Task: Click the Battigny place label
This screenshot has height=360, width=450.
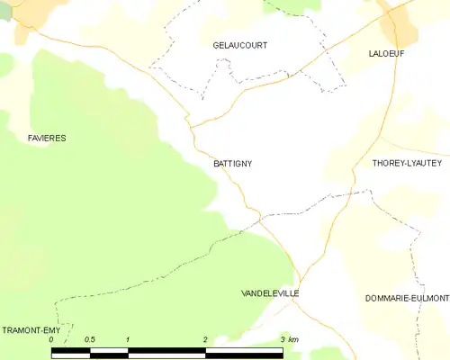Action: pyautogui.click(x=233, y=164)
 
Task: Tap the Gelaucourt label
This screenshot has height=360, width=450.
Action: pyautogui.click(x=239, y=45)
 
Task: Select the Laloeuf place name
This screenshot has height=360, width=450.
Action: pyautogui.click(x=385, y=54)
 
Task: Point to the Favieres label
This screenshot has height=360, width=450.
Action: pyautogui.click(x=46, y=138)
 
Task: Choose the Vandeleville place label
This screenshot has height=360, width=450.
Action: pyautogui.click(x=270, y=294)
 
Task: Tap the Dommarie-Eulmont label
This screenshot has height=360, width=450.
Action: pyautogui.click(x=407, y=298)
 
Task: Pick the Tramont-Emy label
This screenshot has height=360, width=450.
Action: pyautogui.click(x=29, y=330)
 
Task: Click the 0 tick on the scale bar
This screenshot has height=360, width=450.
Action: pyautogui.click(x=52, y=340)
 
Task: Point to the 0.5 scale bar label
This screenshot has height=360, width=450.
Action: pyautogui.click(x=90, y=340)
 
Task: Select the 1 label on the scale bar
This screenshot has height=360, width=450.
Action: pyautogui.click(x=129, y=340)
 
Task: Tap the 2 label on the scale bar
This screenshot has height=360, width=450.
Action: pyautogui.click(x=205, y=340)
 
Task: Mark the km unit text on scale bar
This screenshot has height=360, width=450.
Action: pyautogui.click(x=293, y=340)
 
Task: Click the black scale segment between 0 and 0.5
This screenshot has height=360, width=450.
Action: pyautogui.click(x=71, y=353)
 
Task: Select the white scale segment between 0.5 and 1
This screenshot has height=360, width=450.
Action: pyautogui.click(x=110, y=353)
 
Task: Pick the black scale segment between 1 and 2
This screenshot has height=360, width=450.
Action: pyautogui.click(x=167, y=353)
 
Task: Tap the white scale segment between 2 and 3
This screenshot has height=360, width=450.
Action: pyautogui.click(x=244, y=353)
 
